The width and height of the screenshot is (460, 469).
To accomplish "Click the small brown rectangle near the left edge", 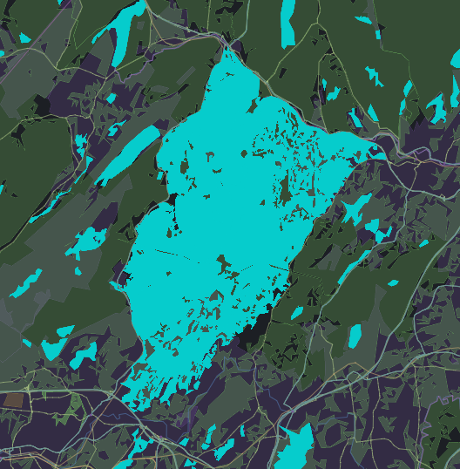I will click(13, 401).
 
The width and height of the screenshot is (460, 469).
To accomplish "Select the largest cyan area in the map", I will click(227, 218).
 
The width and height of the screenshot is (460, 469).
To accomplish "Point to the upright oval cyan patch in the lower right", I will click(355, 336).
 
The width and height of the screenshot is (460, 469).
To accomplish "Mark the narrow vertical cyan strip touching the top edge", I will click(288, 22).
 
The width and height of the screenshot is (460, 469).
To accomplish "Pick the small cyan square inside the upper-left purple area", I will click(110, 97).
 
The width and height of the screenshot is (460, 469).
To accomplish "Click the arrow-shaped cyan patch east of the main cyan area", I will click(355, 207).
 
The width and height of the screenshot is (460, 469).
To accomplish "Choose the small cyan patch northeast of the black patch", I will click(297, 312).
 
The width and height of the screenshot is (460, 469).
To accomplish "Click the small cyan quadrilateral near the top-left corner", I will click(24, 37).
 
